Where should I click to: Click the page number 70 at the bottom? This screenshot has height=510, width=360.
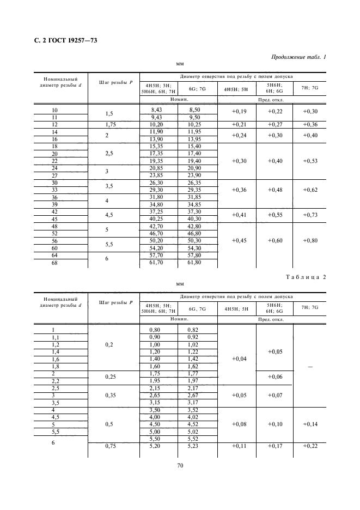coord(180,465)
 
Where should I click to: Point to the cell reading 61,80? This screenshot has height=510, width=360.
coord(194,262)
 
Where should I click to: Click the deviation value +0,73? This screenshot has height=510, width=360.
coord(311,215)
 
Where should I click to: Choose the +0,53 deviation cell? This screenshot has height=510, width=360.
coord(311,161)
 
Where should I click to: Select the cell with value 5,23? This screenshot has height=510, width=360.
coord(194,446)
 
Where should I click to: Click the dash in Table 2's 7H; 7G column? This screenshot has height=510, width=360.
coord(310,367)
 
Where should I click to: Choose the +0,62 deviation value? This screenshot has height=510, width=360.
coord(311,190)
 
